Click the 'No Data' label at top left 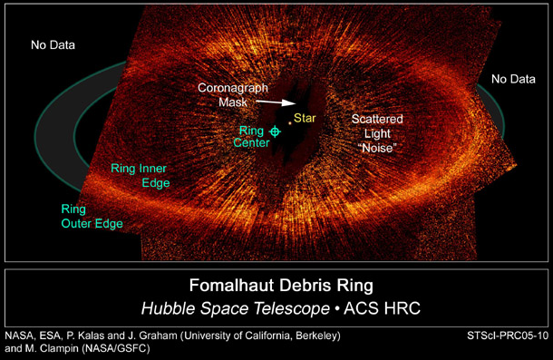click(53, 44)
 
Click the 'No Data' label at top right click(513, 80)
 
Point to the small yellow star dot click(290, 122)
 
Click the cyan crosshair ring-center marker click(276, 132)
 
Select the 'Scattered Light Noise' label click(378, 132)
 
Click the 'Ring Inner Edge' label click(140, 175)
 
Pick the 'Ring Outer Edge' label click(86, 216)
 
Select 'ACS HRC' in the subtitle click(380, 308)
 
